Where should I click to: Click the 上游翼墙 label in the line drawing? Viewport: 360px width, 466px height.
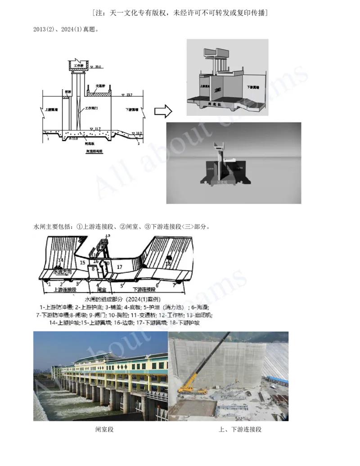click(51, 109)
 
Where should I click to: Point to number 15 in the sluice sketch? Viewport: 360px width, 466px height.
click(82, 262)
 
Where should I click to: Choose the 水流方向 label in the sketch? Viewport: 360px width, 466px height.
click(62, 272)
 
